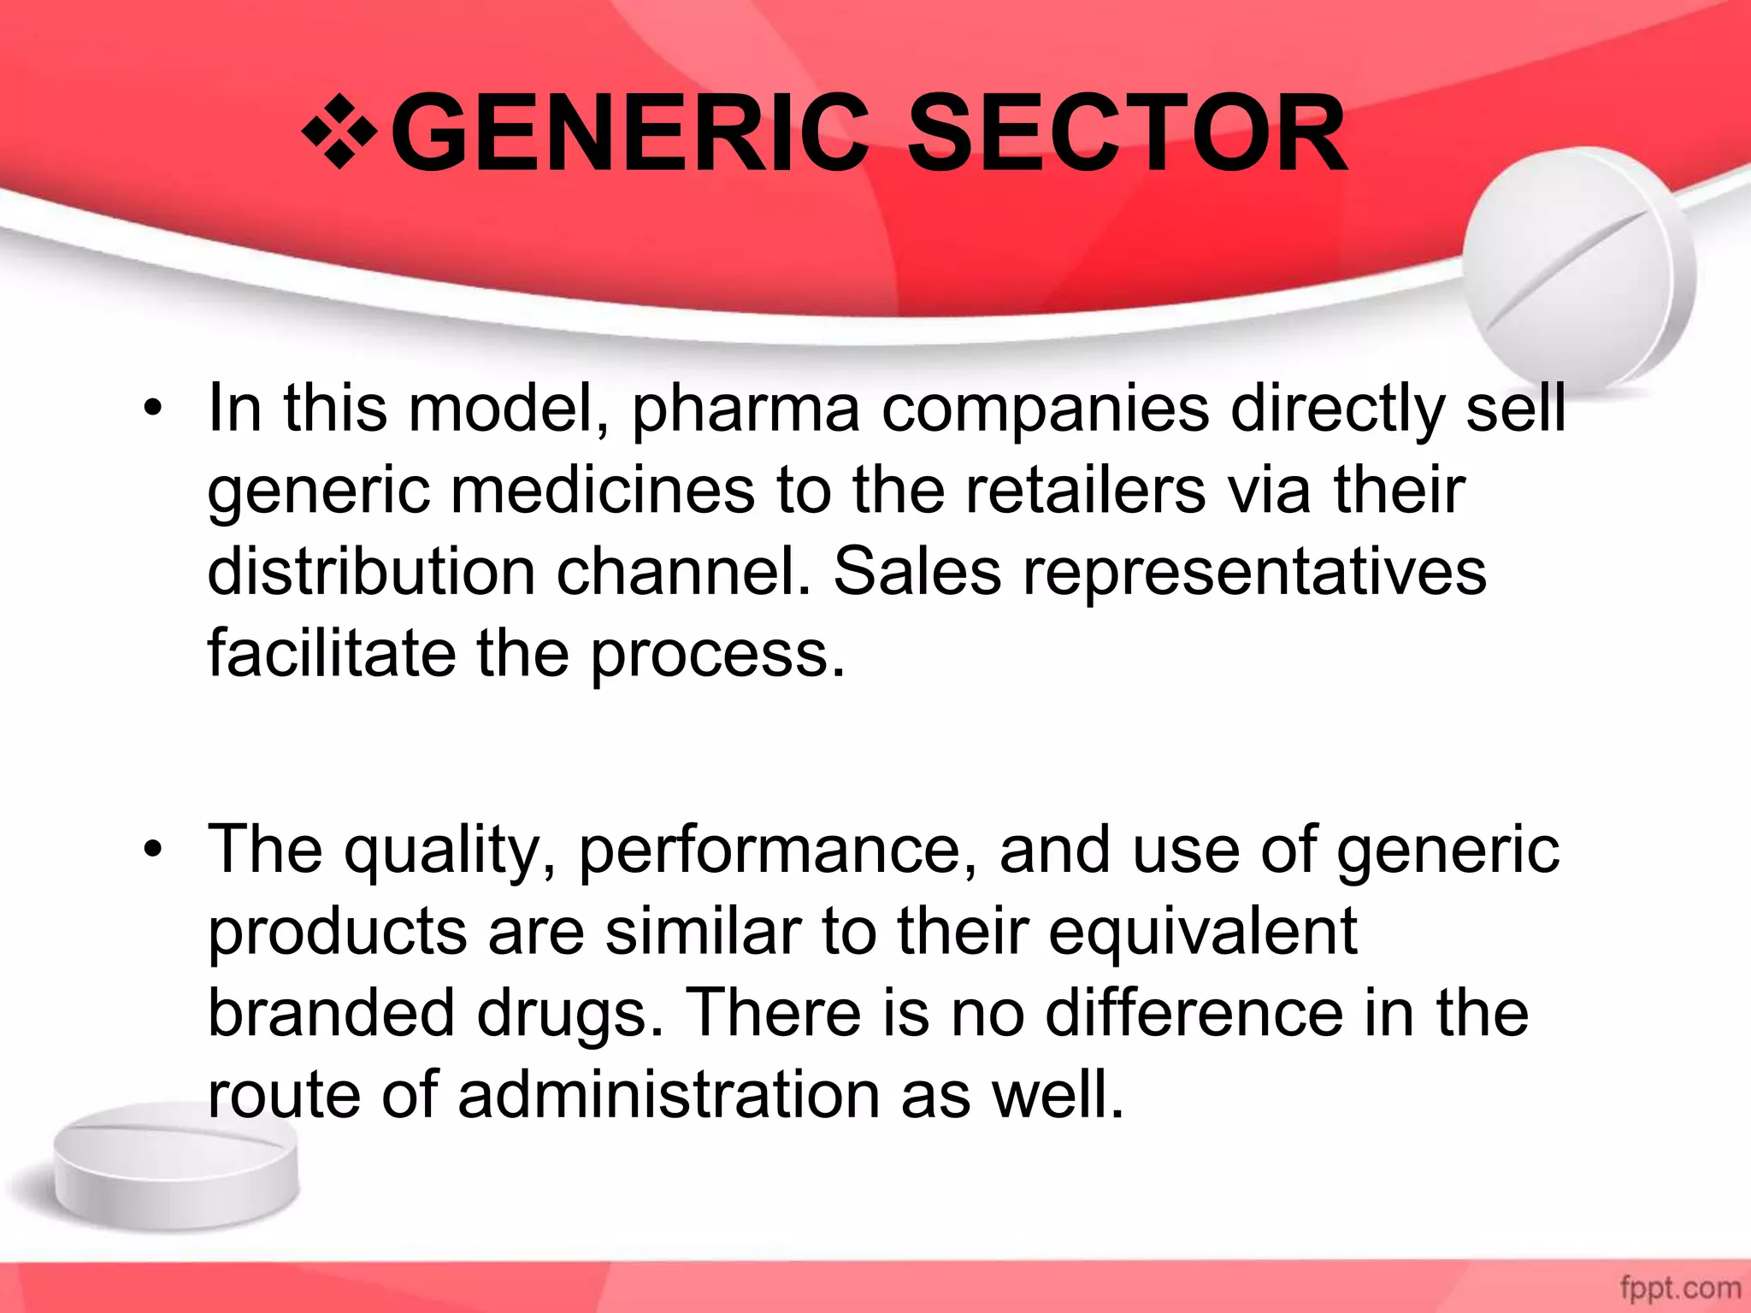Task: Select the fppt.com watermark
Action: tap(1680, 1287)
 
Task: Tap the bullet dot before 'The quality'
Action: tap(153, 850)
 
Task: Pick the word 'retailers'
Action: tap(1085, 491)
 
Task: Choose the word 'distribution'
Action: tap(371, 572)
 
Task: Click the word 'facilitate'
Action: tap(332, 653)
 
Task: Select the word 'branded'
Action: tap(332, 1014)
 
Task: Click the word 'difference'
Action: tap(1194, 1014)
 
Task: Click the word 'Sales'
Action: tap(917, 572)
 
